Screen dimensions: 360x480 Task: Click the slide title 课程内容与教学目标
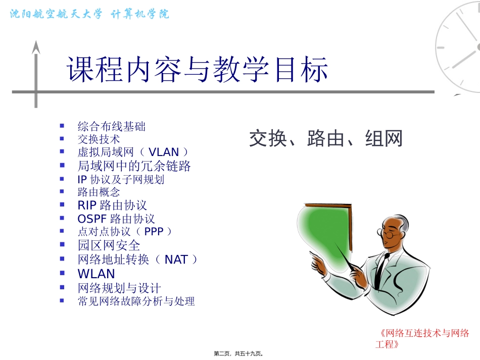point(198,69)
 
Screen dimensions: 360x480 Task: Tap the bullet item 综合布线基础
point(112,126)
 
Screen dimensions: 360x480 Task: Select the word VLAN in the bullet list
point(164,152)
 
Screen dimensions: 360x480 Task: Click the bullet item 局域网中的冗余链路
point(134,166)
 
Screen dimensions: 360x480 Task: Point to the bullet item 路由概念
point(99,192)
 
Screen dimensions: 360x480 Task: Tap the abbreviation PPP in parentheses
point(154,231)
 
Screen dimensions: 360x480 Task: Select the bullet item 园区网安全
point(109,245)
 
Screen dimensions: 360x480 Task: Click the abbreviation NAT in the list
point(176,260)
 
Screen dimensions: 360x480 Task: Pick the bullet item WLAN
point(96,274)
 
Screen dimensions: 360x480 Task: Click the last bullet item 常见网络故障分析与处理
point(136,301)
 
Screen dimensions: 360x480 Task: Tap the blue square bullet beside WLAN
point(62,273)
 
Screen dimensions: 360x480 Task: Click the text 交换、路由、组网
point(325,138)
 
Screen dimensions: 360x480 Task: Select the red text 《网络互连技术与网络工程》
point(423,338)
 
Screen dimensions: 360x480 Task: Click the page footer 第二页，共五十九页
point(239,353)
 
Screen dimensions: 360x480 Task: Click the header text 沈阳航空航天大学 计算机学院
point(90,14)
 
